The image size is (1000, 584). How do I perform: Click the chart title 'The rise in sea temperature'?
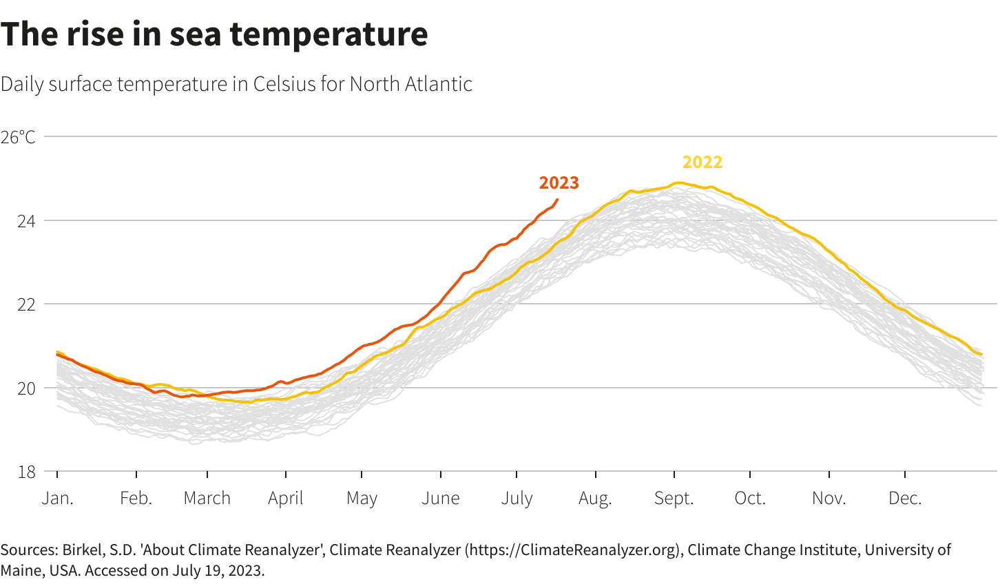(214, 34)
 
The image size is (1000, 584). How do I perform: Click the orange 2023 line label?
(559, 182)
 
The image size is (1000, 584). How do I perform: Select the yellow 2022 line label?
(702, 162)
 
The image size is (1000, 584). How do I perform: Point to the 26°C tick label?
(18, 137)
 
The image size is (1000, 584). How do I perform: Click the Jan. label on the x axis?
(57, 499)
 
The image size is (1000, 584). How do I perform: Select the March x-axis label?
(207, 499)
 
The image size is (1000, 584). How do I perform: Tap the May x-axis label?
(362, 499)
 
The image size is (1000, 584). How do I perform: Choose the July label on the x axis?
(517, 499)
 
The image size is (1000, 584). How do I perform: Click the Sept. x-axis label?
(674, 499)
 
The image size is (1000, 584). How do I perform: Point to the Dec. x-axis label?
(904, 499)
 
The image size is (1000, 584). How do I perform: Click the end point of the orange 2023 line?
(557, 200)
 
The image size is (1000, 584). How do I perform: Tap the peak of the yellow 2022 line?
(678, 183)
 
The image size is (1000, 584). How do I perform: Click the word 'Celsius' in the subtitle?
(283, 84)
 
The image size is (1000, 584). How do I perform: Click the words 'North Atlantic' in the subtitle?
(411, 84)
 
